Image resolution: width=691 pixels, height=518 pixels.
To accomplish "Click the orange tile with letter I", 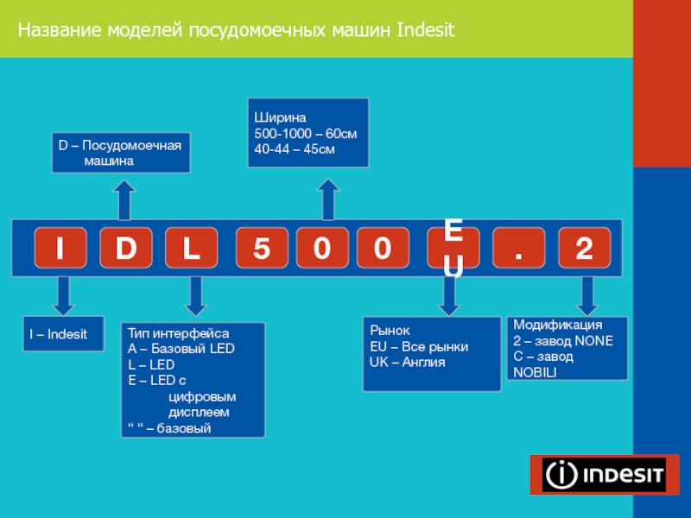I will [60, 249].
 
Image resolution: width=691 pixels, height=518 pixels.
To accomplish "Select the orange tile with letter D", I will [125, 249].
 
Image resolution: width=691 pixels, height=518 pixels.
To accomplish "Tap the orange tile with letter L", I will [191, 249].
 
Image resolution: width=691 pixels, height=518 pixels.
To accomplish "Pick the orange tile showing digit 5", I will [261, 249].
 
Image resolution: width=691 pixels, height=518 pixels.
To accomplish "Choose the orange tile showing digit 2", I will [585, 249].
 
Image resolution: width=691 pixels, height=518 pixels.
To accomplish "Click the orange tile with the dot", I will [519, 249].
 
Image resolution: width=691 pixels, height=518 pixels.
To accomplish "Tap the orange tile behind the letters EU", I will [453, 249].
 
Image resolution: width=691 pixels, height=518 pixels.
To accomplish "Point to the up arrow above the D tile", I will [125, 199].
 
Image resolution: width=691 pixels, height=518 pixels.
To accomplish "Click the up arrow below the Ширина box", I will [328, 199].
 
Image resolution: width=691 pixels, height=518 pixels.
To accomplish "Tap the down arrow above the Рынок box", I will [449, 296].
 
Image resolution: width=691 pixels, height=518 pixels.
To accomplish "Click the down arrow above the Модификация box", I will [586, 296].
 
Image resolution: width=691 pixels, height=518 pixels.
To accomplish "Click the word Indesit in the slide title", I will [426, 32].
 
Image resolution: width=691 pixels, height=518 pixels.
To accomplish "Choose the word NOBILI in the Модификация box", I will [535, 371].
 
